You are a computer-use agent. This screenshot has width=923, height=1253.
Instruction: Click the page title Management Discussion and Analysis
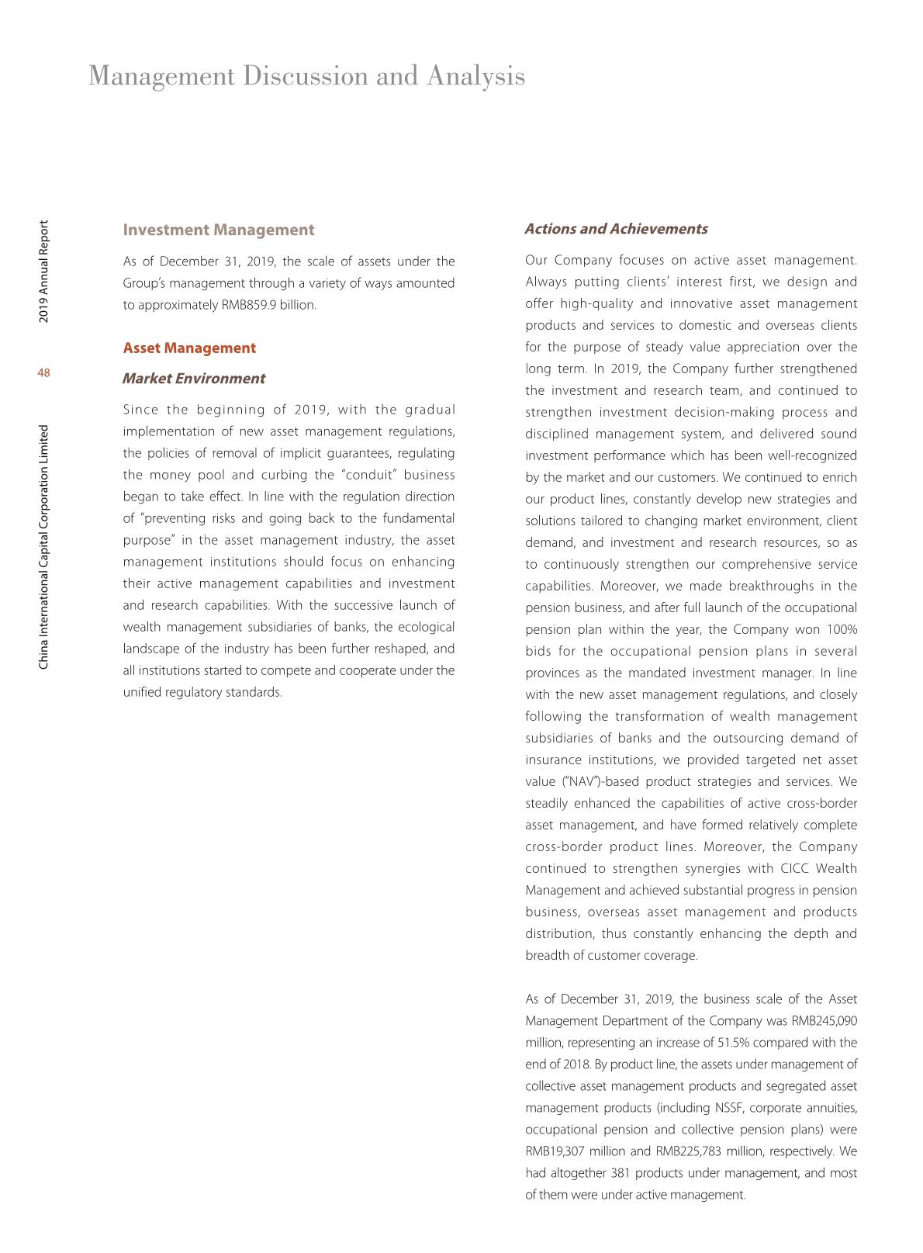(x=306, y=76)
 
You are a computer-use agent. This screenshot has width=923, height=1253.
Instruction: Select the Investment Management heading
(x=219, y=230)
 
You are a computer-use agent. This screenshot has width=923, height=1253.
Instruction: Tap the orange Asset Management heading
(x=189, y=348)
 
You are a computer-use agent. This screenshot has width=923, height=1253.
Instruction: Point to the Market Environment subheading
(x=193, y=379)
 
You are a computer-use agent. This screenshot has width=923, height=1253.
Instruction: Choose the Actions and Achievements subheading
(x=616, y=229)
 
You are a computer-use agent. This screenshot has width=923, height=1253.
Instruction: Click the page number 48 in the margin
(x=43, y=373)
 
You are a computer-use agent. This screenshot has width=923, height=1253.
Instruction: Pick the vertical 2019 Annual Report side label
(x=43, y=272)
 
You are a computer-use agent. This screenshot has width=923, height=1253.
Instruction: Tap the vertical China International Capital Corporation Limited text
(x=43, y=546)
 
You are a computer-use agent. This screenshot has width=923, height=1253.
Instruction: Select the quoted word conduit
(x=368, y=475)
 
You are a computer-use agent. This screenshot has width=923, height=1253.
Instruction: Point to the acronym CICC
(x=794, y=869)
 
